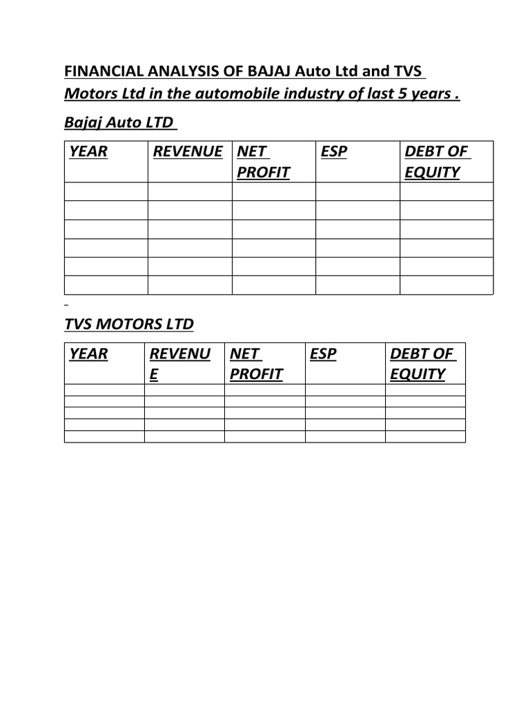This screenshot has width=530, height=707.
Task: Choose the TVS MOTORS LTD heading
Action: (x=129, y=324)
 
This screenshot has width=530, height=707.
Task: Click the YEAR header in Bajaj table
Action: (x=88, y=152)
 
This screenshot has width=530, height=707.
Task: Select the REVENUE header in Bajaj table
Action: (x=188, y=152)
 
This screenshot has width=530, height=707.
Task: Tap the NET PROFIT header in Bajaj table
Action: (x=262, y=162)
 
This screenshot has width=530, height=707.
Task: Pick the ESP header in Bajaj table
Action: (x=335, y=152)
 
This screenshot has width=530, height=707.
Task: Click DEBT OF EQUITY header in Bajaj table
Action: (x=436, y=162)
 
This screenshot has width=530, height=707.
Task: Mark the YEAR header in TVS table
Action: (x=88, y=354)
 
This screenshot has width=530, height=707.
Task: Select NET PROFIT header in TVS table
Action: (x=256, y=364)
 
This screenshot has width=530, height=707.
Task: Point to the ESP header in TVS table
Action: (x=324, y=354)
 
